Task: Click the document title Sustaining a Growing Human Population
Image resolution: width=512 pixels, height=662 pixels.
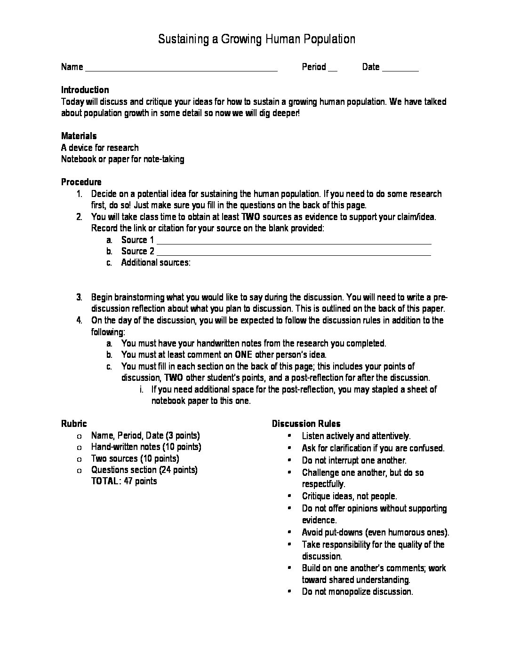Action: [256, 39]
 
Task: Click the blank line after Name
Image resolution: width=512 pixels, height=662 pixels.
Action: [181, 70]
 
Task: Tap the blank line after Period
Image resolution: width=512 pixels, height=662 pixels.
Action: [332, 70]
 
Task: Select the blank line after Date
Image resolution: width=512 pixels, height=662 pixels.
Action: [400, 70]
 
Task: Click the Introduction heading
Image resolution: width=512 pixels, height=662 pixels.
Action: [85, 90]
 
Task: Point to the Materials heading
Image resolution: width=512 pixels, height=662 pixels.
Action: [79, 136]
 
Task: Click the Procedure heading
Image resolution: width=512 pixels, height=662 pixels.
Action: [81, 182]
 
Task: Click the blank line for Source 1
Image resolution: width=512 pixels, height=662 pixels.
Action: [294, 243]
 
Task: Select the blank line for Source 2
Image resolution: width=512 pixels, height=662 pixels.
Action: [294, 254]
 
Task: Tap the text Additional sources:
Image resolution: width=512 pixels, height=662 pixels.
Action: [156, 262]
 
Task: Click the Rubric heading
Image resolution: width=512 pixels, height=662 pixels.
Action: [74, 424]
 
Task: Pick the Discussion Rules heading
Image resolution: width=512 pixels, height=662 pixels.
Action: [306, 424]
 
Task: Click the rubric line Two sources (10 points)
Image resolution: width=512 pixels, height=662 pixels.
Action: [135, 458]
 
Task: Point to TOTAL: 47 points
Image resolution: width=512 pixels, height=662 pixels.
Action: [124, 481]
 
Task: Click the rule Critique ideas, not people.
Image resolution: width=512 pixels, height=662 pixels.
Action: [349, 496]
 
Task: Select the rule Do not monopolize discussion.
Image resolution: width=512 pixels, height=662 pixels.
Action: [357, 591]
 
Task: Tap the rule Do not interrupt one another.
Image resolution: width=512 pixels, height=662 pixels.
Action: [354, 460]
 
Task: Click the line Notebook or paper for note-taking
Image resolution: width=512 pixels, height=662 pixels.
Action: [123, 159]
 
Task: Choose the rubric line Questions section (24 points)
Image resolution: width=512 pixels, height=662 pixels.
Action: [144, 470]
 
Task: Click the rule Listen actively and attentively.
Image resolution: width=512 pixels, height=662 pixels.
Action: [356, 436]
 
